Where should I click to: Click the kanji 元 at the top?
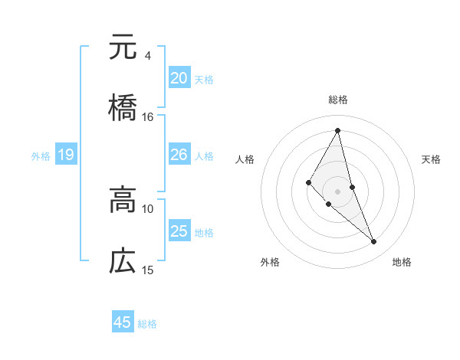point(123,47)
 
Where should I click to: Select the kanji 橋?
point(123,108)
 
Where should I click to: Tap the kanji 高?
point(123,201)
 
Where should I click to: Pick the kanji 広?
point(123,261)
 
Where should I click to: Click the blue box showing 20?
point(179,77)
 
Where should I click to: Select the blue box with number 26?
point(179,155)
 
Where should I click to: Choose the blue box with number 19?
point(66,155)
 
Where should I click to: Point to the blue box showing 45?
point(123,322)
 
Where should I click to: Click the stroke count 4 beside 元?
point(147,56)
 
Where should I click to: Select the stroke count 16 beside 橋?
point(148,117)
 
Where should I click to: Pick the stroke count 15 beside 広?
point(148,270)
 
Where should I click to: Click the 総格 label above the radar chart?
point(337,100)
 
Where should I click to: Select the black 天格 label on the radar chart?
point(431,159)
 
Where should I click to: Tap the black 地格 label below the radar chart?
point(402,262)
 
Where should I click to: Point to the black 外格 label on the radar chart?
point(270,262)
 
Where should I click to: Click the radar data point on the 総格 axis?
point(337,130)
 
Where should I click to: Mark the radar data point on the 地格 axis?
point(374,242)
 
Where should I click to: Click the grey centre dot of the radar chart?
point(337,191)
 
